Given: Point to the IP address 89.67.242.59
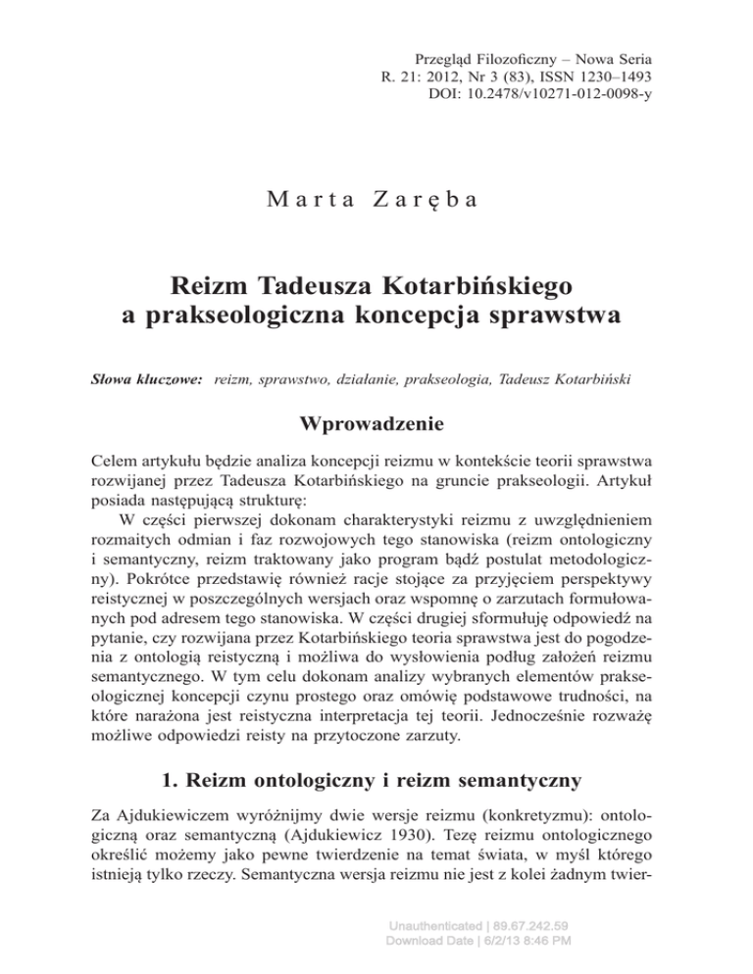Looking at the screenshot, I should (x=585, y=928).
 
